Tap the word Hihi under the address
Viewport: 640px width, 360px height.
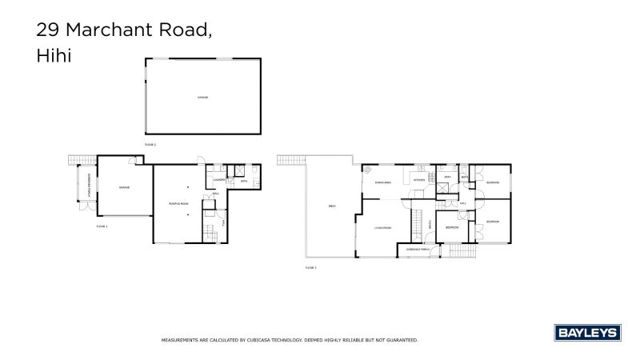[53, 58]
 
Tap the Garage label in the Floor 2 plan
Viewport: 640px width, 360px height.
[202, 98]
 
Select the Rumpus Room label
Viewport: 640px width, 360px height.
[178, 203]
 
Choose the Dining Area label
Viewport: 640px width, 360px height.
[382, 182]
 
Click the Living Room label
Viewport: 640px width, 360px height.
[382, 228]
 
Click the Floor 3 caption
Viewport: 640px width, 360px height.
[310, 266]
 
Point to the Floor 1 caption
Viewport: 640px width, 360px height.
[102, 226]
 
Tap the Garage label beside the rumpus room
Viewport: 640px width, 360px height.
[124, 187]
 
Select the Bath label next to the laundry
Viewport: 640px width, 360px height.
[243, 182]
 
